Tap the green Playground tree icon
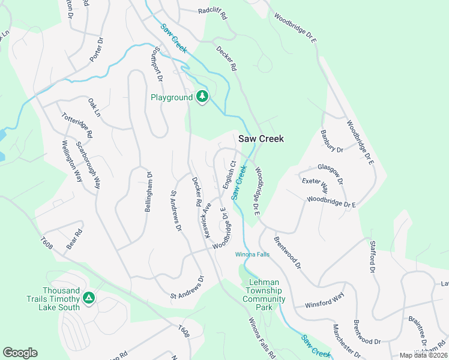pyautogui.click(x=202, y=97)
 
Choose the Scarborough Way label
pyautogui.click(x=88, y=166)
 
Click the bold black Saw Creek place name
pyautogui.click(x=261, y=139)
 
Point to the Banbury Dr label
pyautogui.click(x=331, y=141)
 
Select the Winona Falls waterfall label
pyautogui.click(x=252, y=254)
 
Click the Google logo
pyautogui.click(x=20, y=352)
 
